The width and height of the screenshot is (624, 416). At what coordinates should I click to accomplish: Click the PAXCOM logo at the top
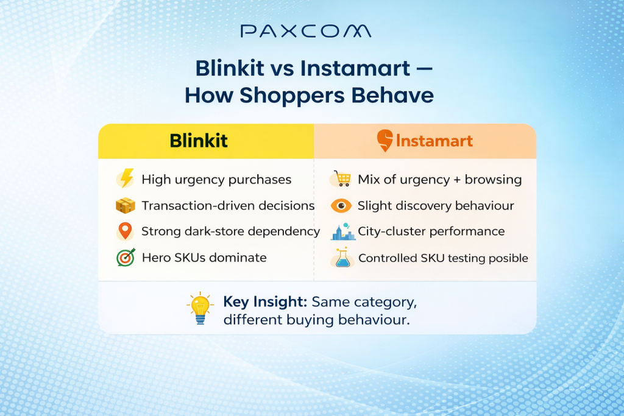pos(306,31)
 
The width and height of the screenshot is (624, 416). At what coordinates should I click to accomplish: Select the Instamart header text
pos(434,141)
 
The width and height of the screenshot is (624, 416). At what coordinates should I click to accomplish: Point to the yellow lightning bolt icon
pos(126,179)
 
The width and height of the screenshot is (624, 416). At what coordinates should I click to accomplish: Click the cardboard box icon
pos(125,206)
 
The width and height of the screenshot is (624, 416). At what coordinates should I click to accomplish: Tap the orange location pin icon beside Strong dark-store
pos(125,231)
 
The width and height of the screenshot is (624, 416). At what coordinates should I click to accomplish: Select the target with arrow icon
pos(125,258)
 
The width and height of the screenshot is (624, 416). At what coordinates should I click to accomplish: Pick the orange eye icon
pos(341,206)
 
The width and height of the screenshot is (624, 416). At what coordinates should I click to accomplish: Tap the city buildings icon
pos(342,231)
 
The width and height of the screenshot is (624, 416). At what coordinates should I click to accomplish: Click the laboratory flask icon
pos(342,258)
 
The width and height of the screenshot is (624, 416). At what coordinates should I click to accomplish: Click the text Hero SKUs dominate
pos(204,258)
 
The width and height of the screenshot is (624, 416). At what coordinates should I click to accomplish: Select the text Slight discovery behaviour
pos(436,206)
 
